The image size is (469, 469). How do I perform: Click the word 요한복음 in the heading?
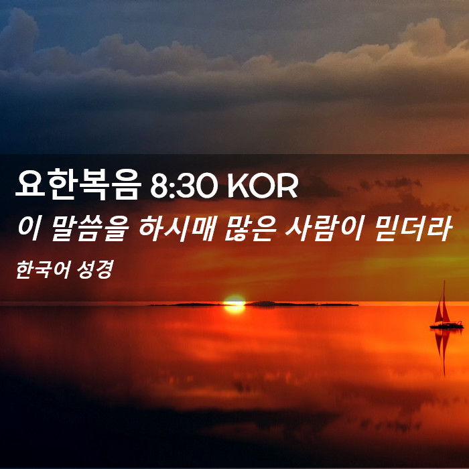(x=78, y=184)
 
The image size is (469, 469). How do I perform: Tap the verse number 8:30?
(x=184, y=186)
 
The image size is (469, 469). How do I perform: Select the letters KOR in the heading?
(x=263, y=186)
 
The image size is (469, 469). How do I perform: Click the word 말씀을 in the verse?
(x=89, y=228)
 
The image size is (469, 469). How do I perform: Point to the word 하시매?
(x=177, y=228)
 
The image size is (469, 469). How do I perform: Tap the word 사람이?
(x=324, y=228)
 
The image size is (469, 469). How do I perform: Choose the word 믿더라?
(x=413, y=228)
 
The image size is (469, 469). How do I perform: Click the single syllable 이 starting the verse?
(x=29, y=228)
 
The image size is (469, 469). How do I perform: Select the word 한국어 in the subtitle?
(x=43, y=270)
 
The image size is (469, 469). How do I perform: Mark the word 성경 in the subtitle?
(x=95, y=270)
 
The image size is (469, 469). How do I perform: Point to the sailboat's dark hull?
(x=447, y=326)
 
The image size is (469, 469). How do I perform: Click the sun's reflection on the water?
(x=234, y=310)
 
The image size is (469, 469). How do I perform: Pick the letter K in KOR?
(x=239, y=186)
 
